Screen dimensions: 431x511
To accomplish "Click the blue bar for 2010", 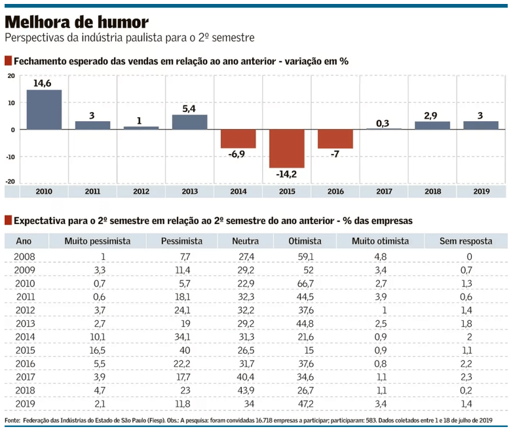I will click(44, 109).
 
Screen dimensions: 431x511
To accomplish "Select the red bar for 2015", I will click(286, 149).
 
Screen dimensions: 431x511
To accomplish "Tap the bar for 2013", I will click(189, 122).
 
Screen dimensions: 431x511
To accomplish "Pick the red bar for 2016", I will click(335, 139).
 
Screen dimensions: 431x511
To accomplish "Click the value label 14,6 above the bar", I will click(44, 83).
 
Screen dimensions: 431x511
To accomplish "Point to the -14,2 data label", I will click(286, 175).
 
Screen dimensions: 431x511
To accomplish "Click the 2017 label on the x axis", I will click(383, 191).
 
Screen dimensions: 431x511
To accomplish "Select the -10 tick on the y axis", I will click(10, 157).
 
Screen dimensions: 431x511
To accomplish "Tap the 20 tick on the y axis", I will click(11, 76).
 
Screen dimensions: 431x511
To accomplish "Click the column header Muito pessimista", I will click(97, 241).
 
